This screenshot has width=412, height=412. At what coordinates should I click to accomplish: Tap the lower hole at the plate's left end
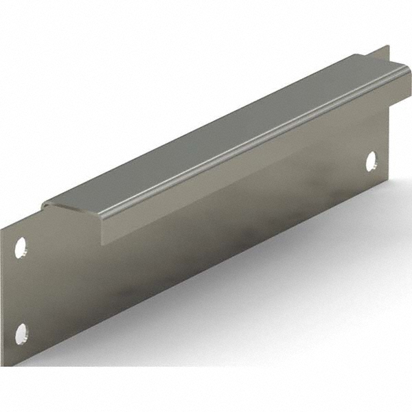point(21,335)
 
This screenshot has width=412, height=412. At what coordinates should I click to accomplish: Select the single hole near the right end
point(371,161)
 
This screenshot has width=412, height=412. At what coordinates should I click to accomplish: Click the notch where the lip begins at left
point(40,209)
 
